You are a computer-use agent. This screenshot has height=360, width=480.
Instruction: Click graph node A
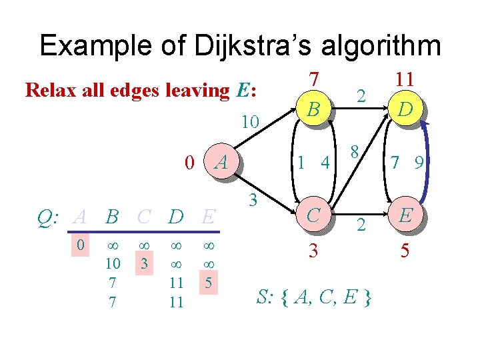click(x=224, y=161)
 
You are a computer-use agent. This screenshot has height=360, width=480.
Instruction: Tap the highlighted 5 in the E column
click(x=208, y=281)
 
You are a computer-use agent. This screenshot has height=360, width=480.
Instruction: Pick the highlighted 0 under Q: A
click(x=80, y=245)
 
